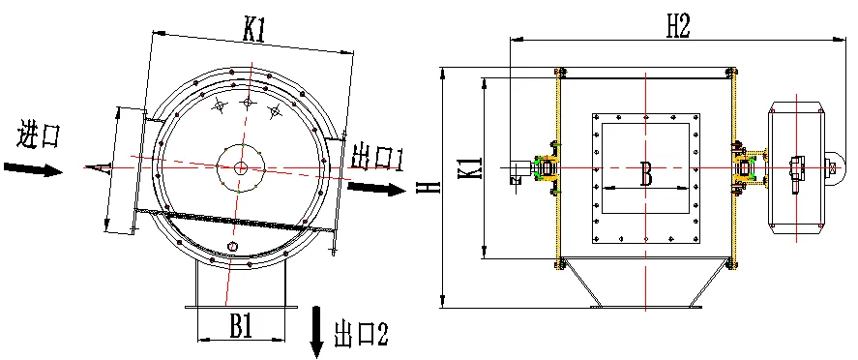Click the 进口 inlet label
(x=37, y=135)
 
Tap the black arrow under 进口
(x=34, y=169)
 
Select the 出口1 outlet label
(x=377, y=158)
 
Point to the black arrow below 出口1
(x=376, y=190)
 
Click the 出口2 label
(x=361, y=333)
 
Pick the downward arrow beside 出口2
(x=317, y=332)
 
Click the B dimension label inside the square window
(x=646, y=175)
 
